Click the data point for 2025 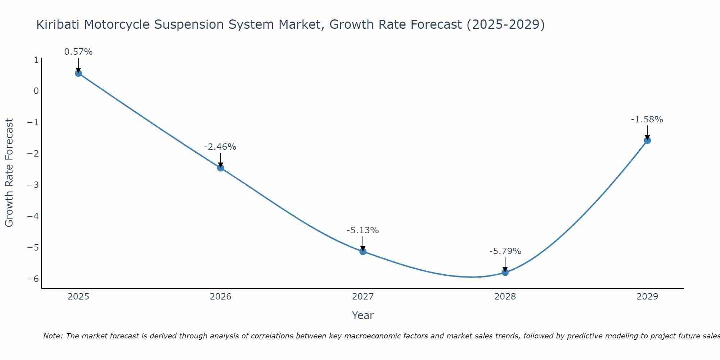[78, 73]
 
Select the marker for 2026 [221, 168]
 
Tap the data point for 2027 [363, 251]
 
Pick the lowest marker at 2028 [505, 272]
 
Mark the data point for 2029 [647, 140]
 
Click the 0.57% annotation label [78, 52]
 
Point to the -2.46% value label [220, 147]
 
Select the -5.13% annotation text [363, 230]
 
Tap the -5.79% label [505, 251]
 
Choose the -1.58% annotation [647, 120]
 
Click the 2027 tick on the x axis [363, 297]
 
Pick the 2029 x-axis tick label [647, 297]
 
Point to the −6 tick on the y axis [33, 279]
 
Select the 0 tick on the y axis [36, 91]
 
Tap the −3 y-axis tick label [33, 185]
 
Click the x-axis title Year [363, 315]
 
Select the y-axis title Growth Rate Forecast [9, 172]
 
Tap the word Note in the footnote [53, 336]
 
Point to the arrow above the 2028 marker [505, 265]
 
